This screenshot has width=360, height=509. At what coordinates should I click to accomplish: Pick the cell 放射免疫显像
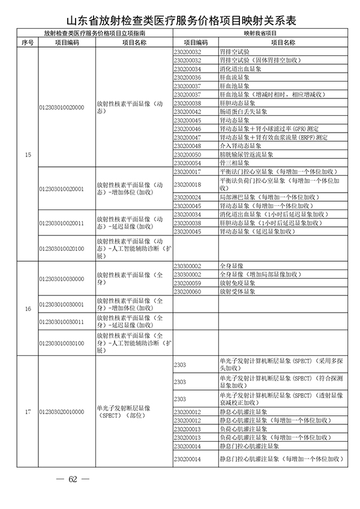pyautogui.click(x=237, y=283)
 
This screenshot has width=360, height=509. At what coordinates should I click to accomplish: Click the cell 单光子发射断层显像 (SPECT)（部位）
pyautogui.click(x=123, y=412)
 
